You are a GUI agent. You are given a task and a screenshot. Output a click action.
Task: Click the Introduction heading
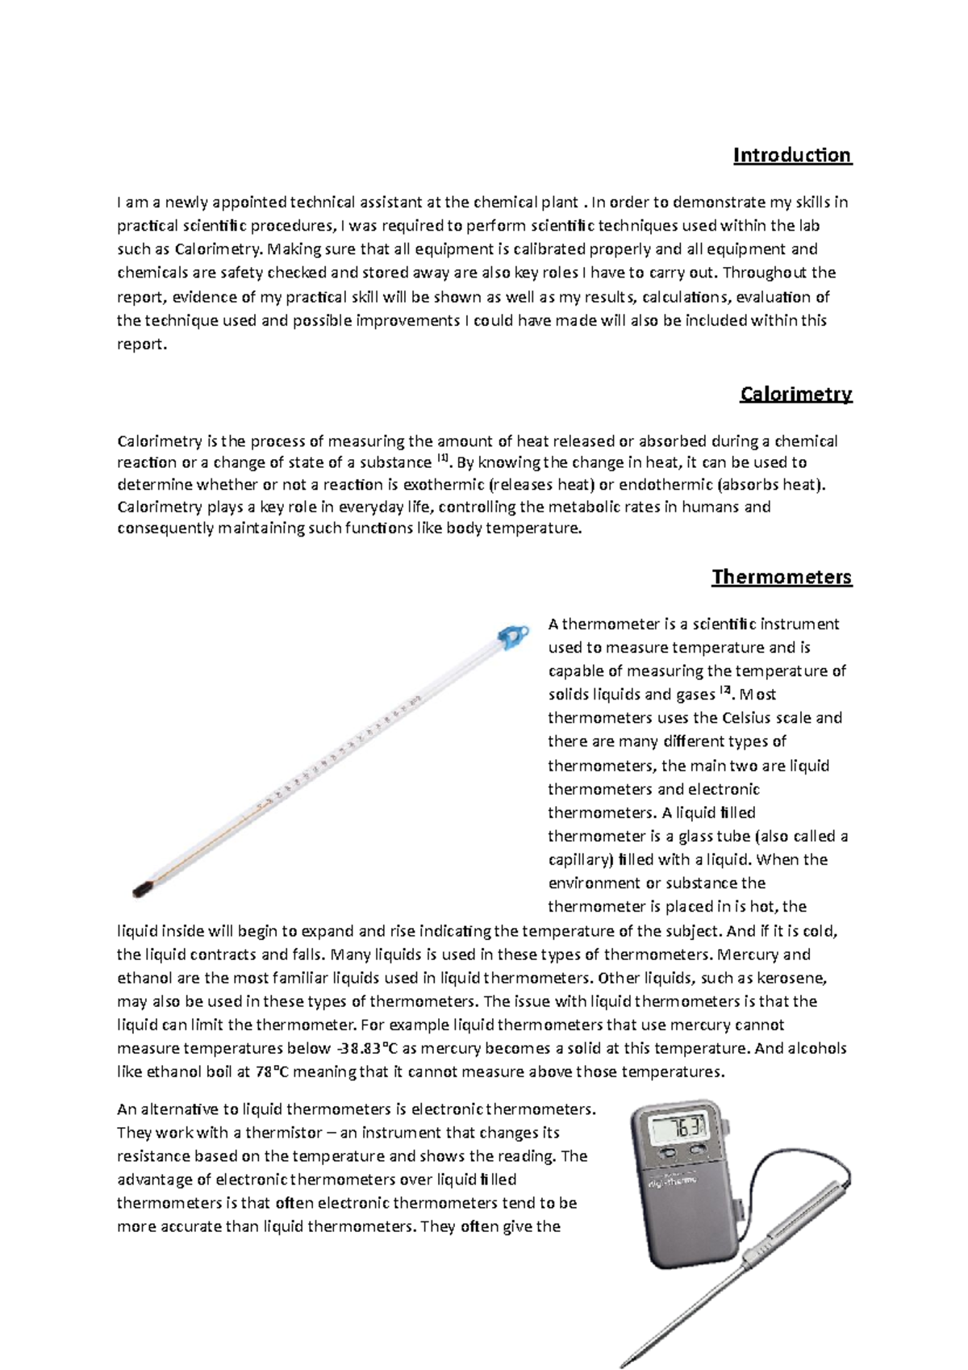coord(791,155)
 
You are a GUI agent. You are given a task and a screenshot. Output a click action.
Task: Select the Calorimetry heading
coord(795,394)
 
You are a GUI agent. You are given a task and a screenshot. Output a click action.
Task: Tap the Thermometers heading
coord(781,577)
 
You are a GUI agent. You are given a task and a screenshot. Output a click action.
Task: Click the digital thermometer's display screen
coord(680,1127)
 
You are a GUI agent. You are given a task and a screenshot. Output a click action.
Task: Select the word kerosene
coord(795,978)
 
